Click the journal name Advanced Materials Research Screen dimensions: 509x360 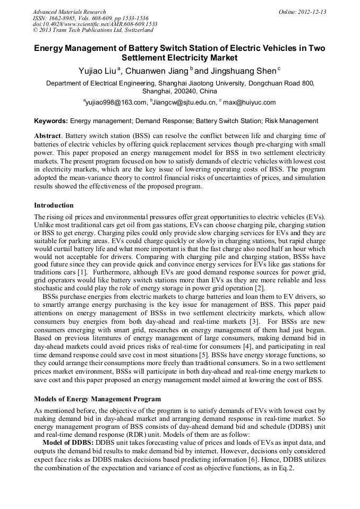pyautogui.click(x=69, y=12)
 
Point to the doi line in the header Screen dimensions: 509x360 pyautogui.click(x=95, y=24)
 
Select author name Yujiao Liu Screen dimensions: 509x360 pyautogui.click(x=97, y=71)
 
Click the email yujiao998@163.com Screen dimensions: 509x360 pyautogui.click(x=116, y=102)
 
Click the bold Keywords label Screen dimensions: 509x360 pyautogui.click(x=51, y=121)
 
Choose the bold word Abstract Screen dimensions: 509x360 pyautogui.click(x=47, y=136)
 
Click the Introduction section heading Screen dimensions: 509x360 pyautogui.click(x=54, y=205)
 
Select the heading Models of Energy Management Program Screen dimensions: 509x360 pyautogui.click(x=97, y=399)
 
